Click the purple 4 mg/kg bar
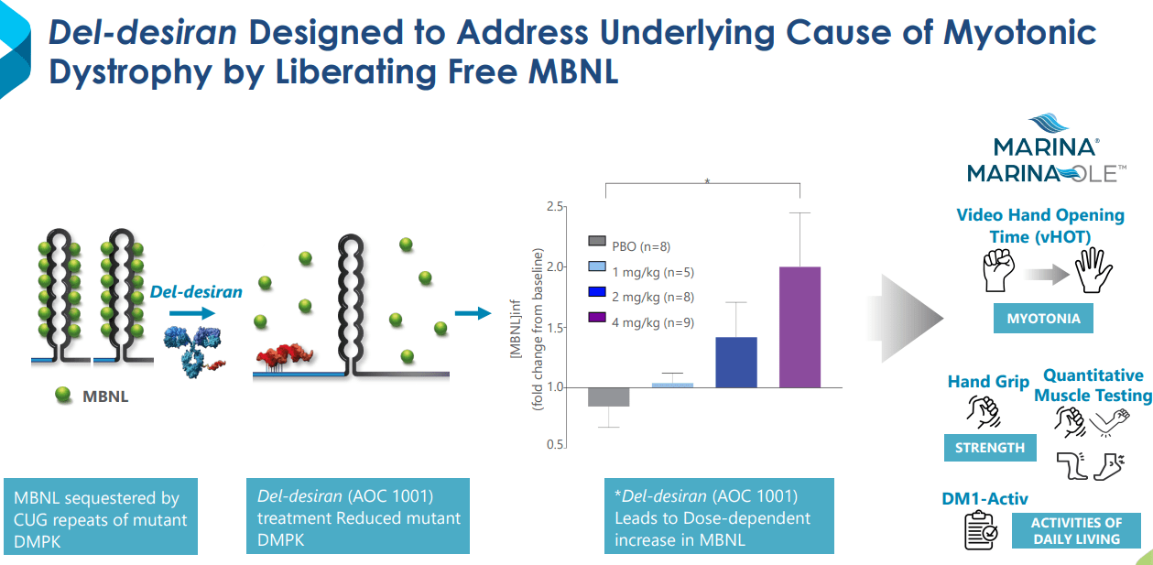[x=799, y=326]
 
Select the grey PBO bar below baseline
[x=609, y=397]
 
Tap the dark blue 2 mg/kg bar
[x=736, y=362]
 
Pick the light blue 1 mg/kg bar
[x=672, y=385]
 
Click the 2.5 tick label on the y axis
[x=553, y=207]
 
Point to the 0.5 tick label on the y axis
[x=553, y=445]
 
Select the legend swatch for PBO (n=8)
[x=597, y=242]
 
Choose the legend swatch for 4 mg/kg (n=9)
[x=597, y=317]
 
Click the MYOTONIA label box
[x=1043, y=320]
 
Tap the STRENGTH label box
[x=989, y=448]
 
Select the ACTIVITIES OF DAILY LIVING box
[x=1076, y=530]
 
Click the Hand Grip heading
[x=988, y=382]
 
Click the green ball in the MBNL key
[x=63, y=395]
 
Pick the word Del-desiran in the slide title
[x=143, y=32]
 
